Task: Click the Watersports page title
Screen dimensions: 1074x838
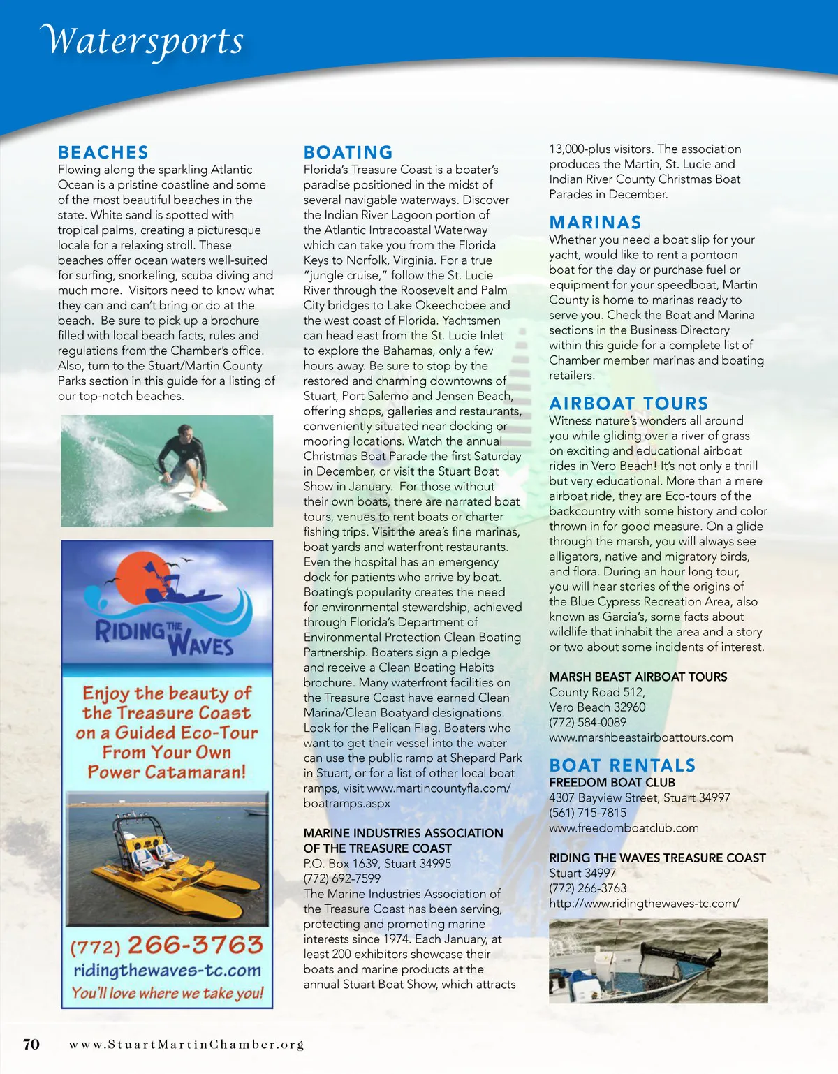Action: point(143,41)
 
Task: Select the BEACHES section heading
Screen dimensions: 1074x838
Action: point(103,152)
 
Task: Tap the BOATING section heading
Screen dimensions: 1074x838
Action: point(348,152)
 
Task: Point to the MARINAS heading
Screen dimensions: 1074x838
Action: point(595,222)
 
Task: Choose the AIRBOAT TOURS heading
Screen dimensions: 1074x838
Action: point(628,403)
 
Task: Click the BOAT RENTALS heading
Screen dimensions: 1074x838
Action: point(622,765)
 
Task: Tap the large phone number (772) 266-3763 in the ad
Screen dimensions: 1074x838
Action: point(167,946)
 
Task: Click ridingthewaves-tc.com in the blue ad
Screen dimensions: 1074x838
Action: point(167,970)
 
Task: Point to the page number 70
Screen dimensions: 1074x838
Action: point(31,1044)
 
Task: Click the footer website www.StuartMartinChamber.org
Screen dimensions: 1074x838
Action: point(186,1045)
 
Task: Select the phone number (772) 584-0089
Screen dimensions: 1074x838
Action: point(587,722)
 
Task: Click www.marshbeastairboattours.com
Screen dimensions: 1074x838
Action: point(640,737)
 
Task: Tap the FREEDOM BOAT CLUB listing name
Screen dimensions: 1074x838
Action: point(612,782)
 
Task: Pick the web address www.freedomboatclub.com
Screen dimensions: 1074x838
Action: point(624,828)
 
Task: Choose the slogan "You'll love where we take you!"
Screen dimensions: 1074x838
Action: point(167,993)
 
